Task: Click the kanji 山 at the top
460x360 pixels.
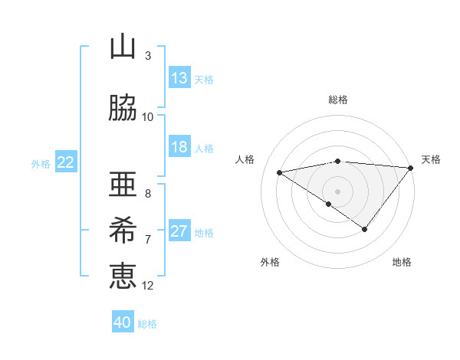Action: click(123, 47)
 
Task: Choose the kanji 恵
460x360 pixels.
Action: click(123, 275)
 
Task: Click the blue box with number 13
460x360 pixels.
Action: click(179, 78)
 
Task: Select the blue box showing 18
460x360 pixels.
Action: click(179, 147)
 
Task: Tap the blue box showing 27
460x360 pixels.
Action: click(179, 232)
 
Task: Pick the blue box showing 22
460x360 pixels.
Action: click(66, 162)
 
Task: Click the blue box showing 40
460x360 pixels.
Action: click(123, 322)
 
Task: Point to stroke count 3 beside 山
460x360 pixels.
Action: click(148, 56)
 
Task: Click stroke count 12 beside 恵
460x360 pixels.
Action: click(148, 286)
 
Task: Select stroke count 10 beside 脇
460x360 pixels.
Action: click(148, 116)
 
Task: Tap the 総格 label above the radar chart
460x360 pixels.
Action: click(338, 100)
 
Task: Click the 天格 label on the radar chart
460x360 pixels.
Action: click(431, 159)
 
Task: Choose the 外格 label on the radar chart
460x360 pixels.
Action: click(270, 262)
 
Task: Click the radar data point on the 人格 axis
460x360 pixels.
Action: click(280, 172)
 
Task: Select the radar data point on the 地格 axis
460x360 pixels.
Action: click(365, 229)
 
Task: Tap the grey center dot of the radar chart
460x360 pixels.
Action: click(337, 191)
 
